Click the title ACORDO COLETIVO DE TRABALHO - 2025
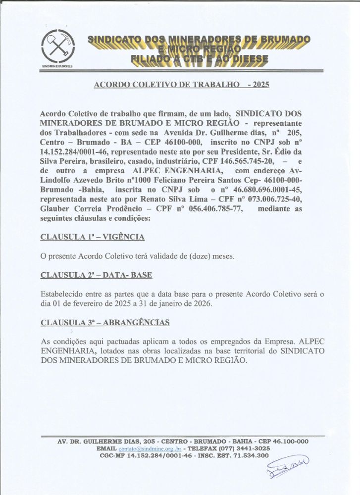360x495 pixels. (181, 85)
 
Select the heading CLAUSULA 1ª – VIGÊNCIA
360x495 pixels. (93, 237)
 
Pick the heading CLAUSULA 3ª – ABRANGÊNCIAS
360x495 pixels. (105, 322)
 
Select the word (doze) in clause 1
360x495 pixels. (195, 256)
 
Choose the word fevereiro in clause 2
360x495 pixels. (88, 303)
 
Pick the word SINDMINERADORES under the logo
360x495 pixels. (57, 66)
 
